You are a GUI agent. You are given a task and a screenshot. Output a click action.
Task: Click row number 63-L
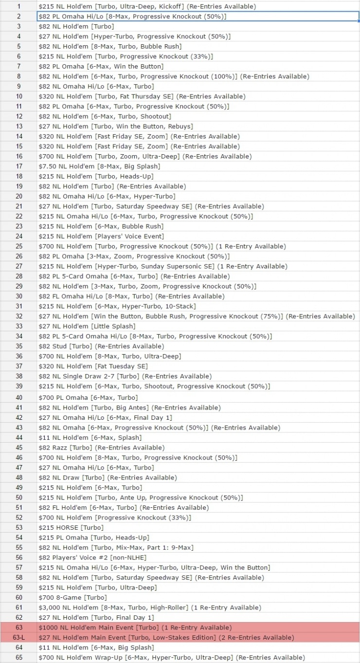[19, 637]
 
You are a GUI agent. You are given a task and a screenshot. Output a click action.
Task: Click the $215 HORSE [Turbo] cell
[72, 527]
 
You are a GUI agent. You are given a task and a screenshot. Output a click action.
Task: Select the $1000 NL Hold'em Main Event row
[135, 627]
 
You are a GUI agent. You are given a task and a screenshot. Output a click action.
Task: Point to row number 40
[19, 397]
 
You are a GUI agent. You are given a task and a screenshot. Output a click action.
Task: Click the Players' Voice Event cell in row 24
[101, 236]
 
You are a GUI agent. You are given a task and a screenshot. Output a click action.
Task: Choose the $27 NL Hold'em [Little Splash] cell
[87, 326]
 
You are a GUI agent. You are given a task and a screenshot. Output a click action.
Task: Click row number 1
[19, 6]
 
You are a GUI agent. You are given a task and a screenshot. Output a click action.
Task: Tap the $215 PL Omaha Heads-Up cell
[94, 538]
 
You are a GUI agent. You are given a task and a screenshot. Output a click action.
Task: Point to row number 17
[19, 166]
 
